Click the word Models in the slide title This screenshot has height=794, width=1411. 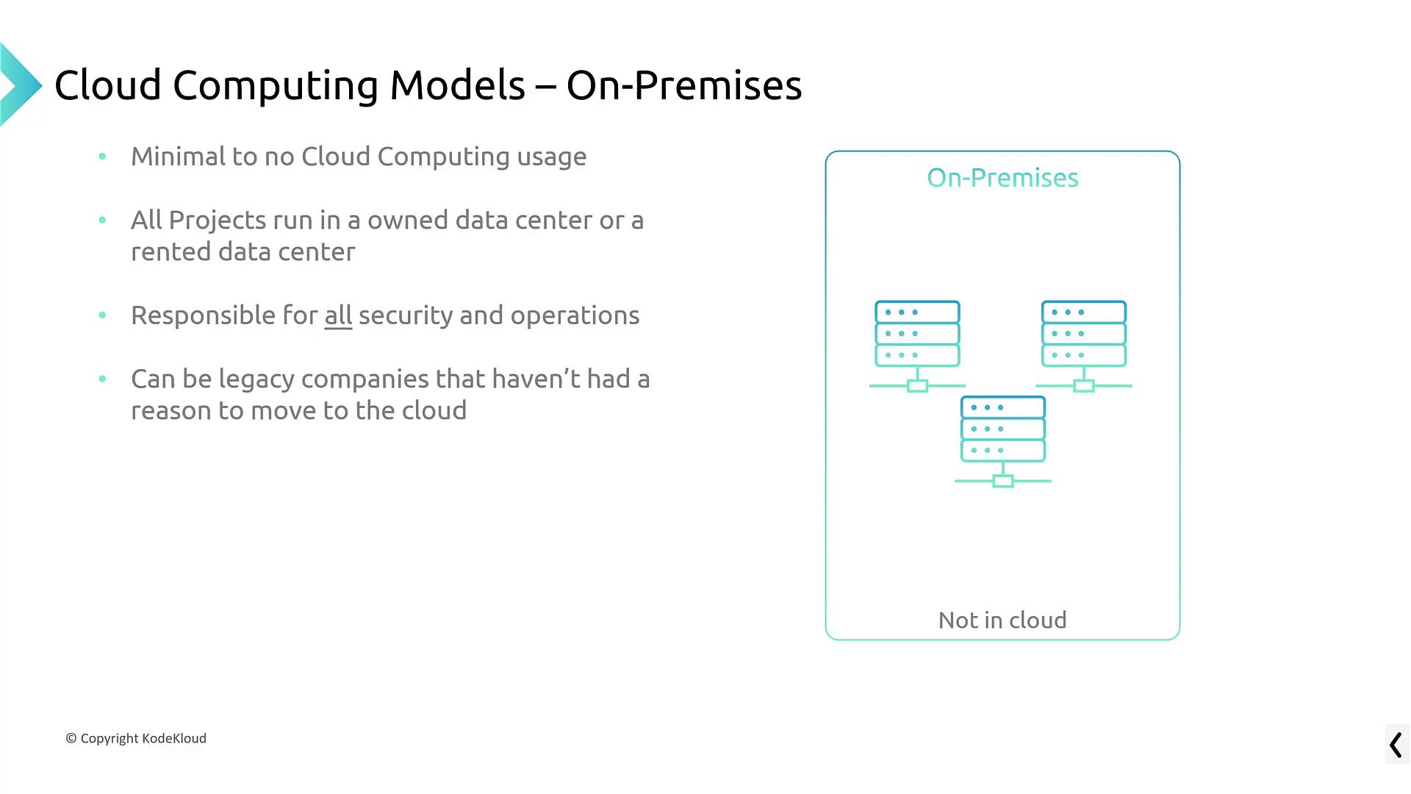457,85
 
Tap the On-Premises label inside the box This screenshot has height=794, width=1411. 1002,178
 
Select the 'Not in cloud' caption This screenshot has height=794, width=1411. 1002,620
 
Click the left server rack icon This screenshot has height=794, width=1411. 917,344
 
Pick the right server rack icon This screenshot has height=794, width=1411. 1084,344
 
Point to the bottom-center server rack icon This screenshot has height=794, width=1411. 1003,440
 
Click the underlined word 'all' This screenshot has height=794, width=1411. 338,315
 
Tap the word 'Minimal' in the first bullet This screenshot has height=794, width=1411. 178,157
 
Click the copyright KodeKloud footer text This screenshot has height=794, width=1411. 136,738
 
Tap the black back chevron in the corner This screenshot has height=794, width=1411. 1396,745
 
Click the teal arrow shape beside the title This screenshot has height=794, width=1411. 19,85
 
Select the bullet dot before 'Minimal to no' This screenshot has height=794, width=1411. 102,157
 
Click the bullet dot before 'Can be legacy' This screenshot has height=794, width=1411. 102,379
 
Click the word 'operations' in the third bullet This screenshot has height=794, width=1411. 575,316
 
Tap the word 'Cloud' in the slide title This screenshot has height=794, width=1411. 107,85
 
